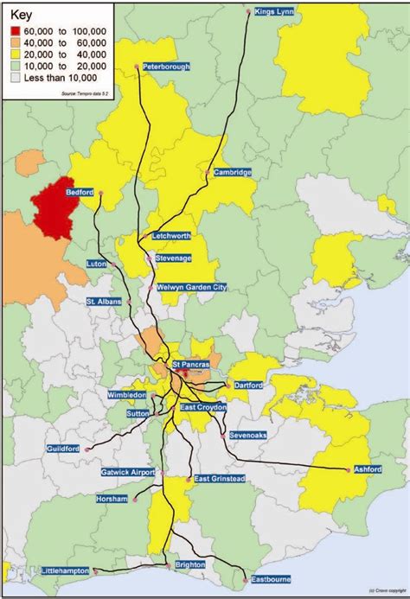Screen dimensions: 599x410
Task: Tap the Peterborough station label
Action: [166, 67]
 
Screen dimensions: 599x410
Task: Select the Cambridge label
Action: [233, 172]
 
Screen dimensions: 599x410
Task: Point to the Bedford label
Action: [80, 194]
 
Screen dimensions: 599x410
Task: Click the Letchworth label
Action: [172, 236]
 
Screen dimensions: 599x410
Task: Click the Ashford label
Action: [367, 469]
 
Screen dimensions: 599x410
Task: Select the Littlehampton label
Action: [65, 571]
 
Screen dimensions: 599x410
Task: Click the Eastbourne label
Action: [269, 579]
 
